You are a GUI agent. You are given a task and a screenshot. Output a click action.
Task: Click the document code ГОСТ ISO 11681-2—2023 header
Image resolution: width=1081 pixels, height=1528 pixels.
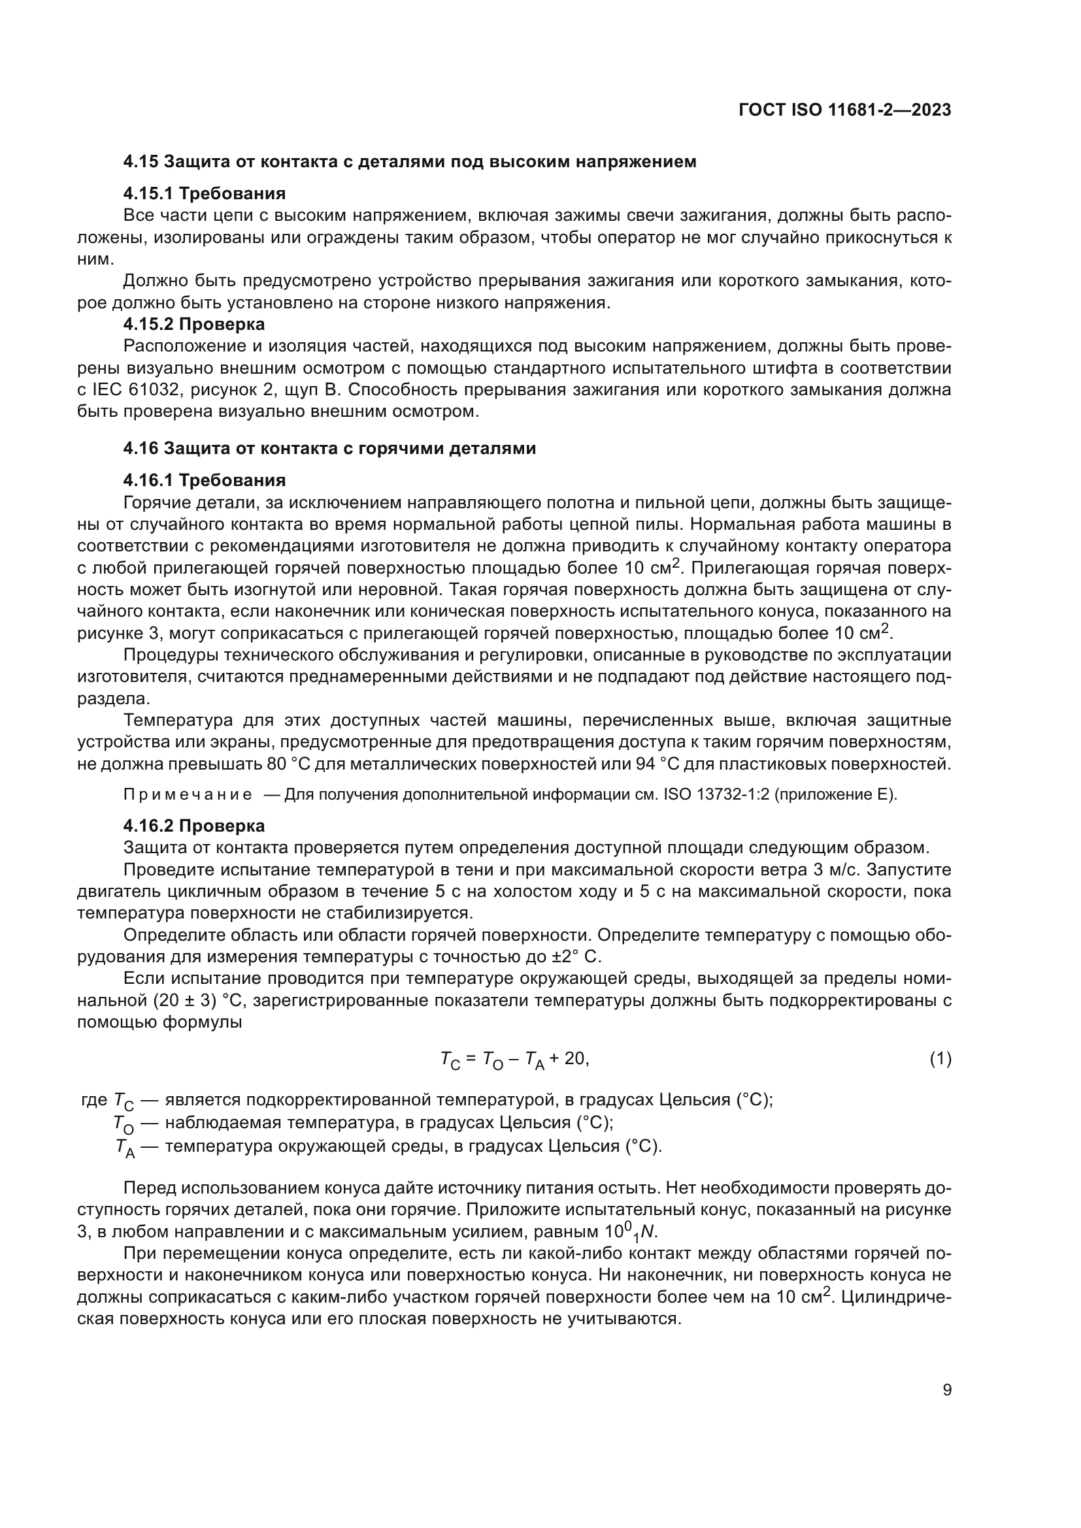click(844, 110)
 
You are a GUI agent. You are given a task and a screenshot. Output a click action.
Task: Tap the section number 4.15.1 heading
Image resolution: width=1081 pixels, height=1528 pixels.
click(148, 193)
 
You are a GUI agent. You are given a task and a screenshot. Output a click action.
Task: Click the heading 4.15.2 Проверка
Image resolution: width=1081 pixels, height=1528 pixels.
click(193, 324)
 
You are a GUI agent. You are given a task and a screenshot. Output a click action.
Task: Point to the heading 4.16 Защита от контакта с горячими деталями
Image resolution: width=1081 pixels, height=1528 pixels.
click(329, 448)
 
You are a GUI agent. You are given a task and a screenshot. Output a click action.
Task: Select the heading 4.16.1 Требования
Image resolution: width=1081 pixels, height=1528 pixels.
click(205, 480)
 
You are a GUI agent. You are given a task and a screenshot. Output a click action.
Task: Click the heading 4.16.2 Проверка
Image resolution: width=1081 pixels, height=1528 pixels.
click(193, 826)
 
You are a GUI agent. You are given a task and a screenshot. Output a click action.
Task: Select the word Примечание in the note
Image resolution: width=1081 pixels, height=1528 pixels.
click(188, 794)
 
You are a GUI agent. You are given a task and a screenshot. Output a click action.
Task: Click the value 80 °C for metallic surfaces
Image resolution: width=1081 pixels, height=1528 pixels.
click(285, 764)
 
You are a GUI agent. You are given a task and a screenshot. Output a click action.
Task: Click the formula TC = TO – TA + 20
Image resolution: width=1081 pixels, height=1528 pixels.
click(514, 1059)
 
